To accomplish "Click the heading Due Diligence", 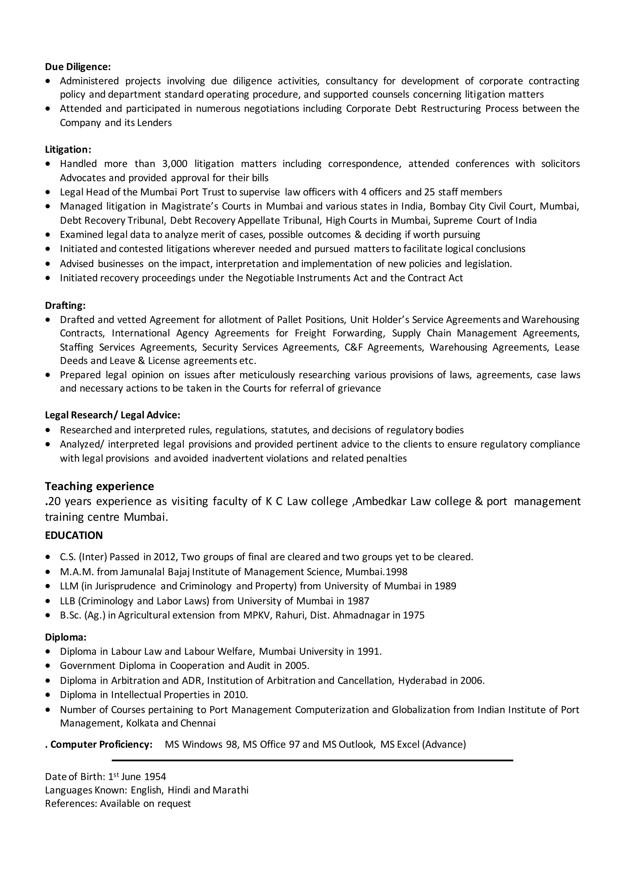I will tap(78, 67).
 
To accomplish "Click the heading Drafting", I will tap(65, 305).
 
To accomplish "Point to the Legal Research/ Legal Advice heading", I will tap(112, 415).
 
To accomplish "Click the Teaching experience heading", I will tap(99, 486).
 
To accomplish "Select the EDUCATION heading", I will tap(74, 536).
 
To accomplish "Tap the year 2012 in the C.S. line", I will tap(164, 557).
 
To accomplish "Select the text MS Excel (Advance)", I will tap(423, 744).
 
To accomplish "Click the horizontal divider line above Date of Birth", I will tap(312, 760).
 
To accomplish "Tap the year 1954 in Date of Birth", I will tap(155, 777).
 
